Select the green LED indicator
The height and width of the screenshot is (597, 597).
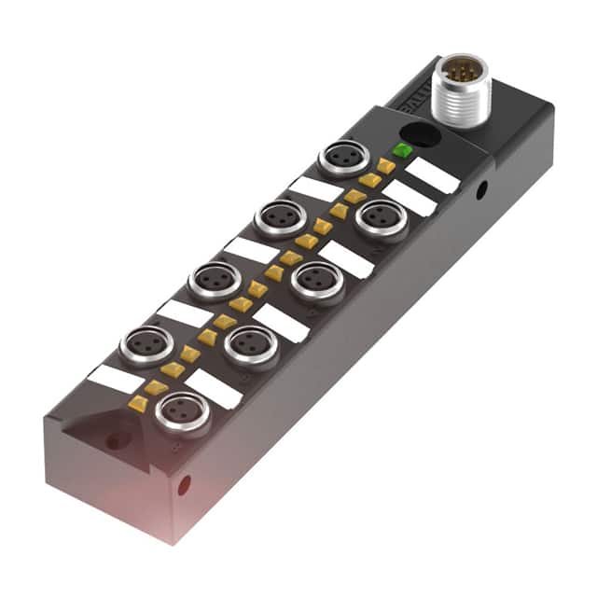click(402, 149)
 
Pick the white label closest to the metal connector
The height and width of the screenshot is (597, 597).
click(434, 174)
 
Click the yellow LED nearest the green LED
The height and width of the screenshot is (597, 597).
click(385, 165)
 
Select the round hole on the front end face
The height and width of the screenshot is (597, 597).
click(184, 484)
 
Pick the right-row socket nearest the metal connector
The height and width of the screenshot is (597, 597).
click(382, 217)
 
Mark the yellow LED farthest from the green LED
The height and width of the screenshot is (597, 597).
click(138, 403)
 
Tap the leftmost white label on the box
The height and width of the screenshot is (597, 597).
click(113, 377)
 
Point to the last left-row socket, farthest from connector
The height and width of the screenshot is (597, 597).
click(145, 344)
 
